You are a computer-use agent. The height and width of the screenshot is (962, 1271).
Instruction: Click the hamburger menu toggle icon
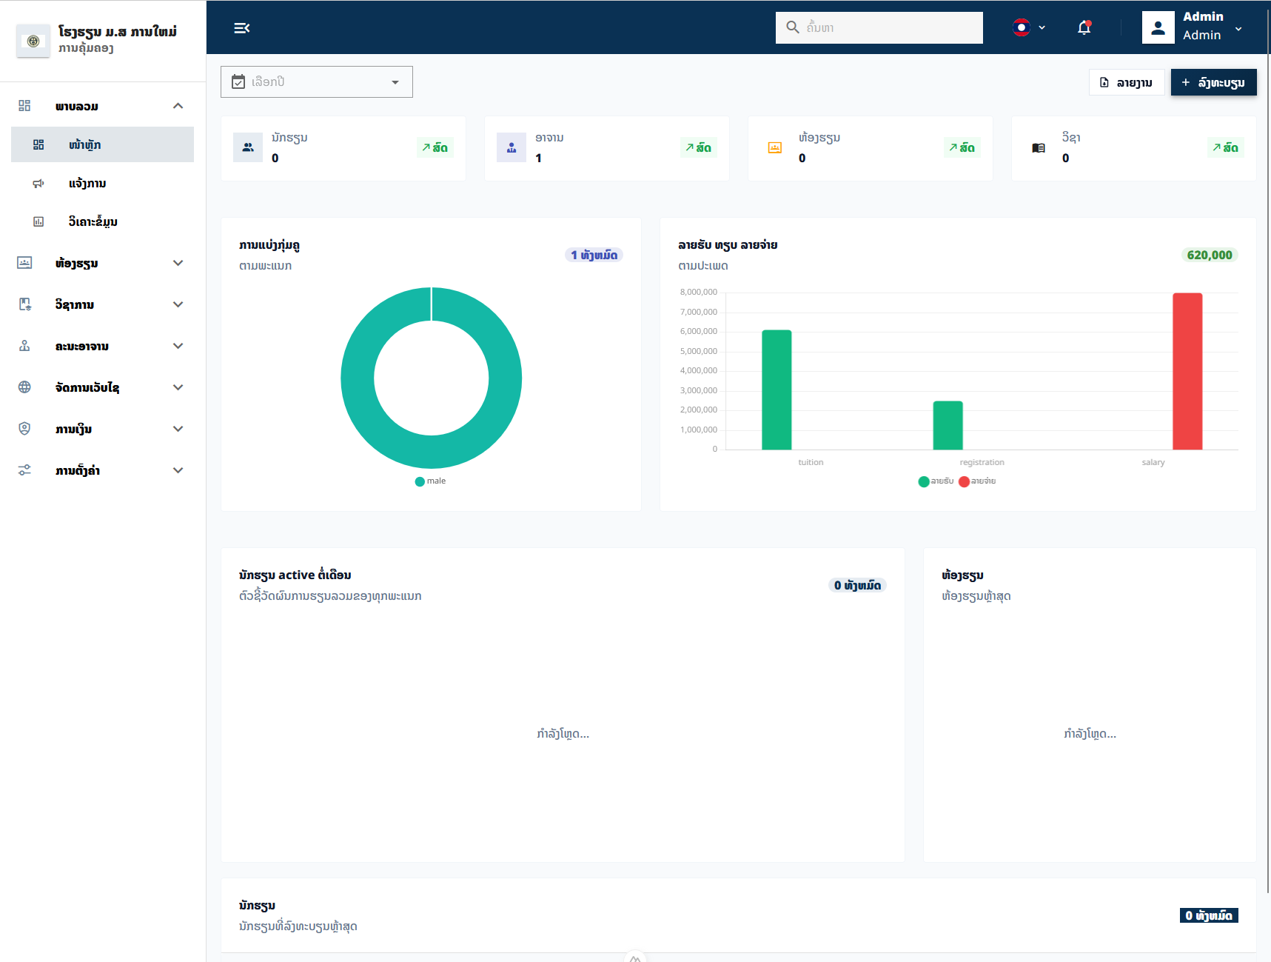[241, 28]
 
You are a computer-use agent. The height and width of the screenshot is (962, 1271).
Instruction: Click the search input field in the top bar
[879, 27]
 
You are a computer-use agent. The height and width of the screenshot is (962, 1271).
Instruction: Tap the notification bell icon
[1084, 27]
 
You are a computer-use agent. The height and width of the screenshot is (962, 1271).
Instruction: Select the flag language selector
[1029, 27]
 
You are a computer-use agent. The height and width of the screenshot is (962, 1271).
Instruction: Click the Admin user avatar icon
[1158, 27]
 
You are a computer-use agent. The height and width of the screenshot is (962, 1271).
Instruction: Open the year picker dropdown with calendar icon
[317, 81]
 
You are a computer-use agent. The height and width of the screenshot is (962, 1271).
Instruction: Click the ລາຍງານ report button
[1127, 82]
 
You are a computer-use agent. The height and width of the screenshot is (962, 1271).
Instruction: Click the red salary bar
[1187, 371]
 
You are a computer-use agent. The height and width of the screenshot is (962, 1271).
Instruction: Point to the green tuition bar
[777, 390]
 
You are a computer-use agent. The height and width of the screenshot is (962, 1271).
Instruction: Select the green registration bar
[948, 425]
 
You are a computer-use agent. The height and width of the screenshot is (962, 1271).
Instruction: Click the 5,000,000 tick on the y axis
[699, 351]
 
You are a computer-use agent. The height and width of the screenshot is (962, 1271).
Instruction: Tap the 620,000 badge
[1210, 255]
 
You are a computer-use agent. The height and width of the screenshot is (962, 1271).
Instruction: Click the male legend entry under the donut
[431, 481]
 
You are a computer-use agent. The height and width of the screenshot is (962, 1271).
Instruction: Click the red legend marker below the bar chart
[964, 481]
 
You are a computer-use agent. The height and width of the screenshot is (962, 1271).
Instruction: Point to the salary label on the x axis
[1153, 462]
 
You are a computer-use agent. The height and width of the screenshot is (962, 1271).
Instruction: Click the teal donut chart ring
[358, 378]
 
